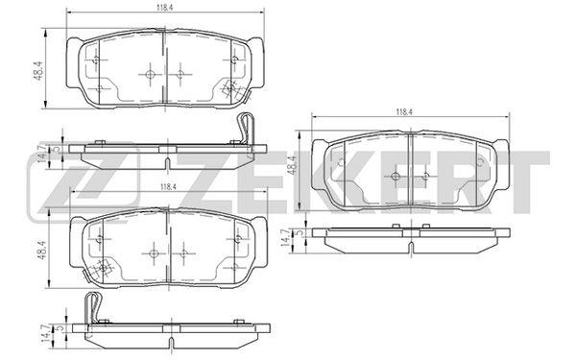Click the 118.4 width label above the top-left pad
(165, 8)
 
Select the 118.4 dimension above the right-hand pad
(403, 112)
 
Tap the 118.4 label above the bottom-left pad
(168, 186)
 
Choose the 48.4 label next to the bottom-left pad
(43, 251)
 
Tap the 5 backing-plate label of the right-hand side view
(299, 233)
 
